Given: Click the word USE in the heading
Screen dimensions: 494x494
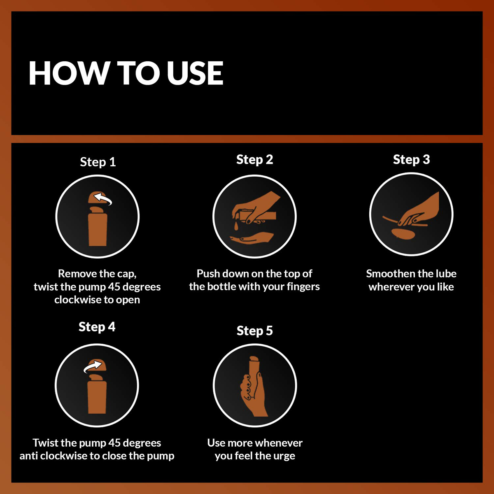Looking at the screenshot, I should click(195, 73).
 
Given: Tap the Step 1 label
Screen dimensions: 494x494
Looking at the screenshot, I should click(98, 162).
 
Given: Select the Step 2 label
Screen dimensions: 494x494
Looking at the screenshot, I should click(254, 159).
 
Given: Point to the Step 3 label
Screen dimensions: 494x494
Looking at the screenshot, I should click(411, 159).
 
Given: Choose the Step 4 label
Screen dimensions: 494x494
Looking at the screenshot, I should click(97, 327).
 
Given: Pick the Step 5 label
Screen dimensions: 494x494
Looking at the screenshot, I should click(254, 331).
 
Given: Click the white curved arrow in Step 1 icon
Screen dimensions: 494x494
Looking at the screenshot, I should click(103, 200).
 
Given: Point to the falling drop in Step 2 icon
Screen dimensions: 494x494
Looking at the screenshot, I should click(237, 226).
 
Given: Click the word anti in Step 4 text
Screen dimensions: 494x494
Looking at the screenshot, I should click(29, 456).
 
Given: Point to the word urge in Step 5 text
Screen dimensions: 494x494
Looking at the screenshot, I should click(284, 456).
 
